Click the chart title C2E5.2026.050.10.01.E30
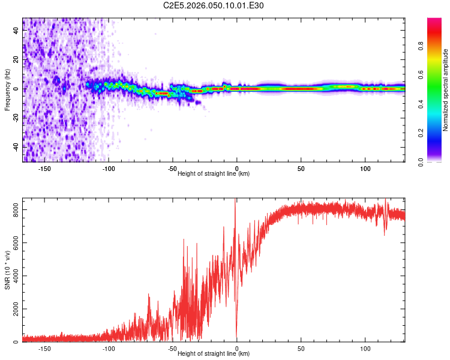click(x=214, y=5)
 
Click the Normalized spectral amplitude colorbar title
click(x=445, y=91)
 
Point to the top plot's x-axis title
click(x=214, y=173)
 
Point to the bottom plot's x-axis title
click(x=214, y=354)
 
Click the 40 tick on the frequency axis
click(x=16, y=32)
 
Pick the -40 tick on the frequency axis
click(x=15, y=146)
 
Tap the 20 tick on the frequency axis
click(x=16, y=60)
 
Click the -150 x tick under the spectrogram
click(x=44, y=167)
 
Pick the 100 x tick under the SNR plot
click(x=365, y=348)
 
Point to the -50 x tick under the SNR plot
click(x=173, y=348)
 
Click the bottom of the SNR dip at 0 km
click(x=237, y=339)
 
